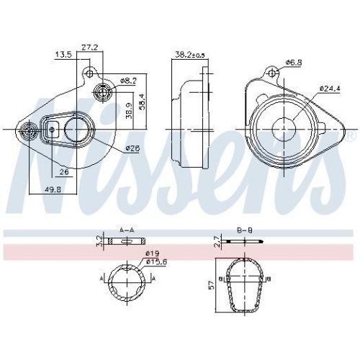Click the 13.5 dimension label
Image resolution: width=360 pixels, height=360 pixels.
click(63, 54)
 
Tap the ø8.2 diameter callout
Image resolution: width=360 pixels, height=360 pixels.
click(127, 81)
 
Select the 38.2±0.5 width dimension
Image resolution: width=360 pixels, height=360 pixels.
click(189, 54)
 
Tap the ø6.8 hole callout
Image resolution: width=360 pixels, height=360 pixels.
click(293, 63)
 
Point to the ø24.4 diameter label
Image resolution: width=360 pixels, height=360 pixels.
click(329, 89)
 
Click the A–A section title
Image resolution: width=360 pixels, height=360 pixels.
click(126, 230)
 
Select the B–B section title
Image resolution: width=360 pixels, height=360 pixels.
click(244, 230)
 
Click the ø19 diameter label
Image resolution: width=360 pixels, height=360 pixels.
click(152, 254)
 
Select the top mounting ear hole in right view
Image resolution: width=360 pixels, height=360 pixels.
click(272, 73)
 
